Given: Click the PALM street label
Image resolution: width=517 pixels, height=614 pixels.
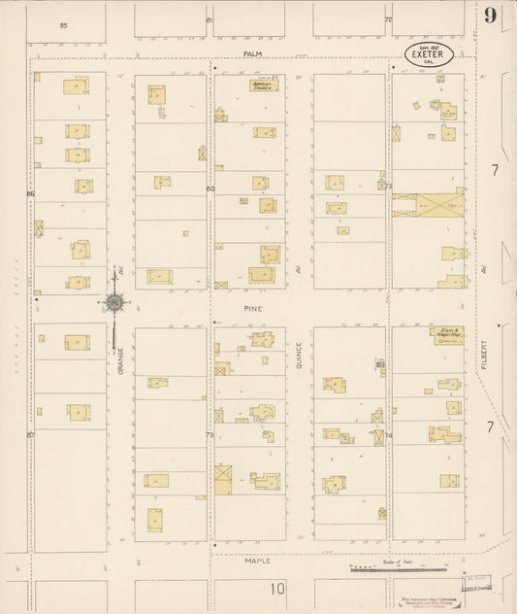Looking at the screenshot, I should (x=253, y=54).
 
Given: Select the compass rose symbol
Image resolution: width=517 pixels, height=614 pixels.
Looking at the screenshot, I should (x=115, y=303).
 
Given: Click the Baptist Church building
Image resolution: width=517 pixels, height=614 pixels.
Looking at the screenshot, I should (x=262, y=85).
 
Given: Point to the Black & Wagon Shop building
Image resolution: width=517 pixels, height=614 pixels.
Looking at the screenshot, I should (x=446, y=335).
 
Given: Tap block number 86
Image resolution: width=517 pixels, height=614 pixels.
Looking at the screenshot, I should (x=31, y=194).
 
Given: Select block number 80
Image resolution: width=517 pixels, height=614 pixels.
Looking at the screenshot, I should (x=210, y=188).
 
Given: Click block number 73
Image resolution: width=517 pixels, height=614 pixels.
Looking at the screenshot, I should (x=387, y=186).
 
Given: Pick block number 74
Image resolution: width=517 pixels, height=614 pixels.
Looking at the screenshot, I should (x=387, y=435).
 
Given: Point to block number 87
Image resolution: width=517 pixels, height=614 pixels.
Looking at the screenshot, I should (x=31, y=435).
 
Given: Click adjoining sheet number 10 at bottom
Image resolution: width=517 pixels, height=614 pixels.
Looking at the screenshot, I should (x=278, y=588).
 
